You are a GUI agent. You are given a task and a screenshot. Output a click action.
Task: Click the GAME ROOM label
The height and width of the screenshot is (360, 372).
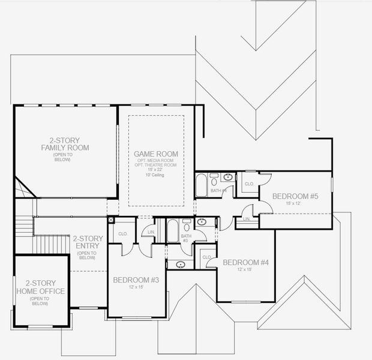point(156,154)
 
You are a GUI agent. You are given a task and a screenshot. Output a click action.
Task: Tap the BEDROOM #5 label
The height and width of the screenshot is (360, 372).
point(295,196)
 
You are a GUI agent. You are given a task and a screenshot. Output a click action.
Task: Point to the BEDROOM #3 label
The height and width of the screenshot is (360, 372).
point(136,280)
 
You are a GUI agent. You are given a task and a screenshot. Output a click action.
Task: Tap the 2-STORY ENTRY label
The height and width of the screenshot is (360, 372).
point(88,242)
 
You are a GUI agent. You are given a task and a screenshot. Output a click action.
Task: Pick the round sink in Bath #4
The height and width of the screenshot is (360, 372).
point(228,177)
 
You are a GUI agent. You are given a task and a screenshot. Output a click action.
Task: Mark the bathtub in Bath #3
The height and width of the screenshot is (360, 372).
point(173,230)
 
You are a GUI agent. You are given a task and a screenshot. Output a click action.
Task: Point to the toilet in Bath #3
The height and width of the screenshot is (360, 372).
point(187,227)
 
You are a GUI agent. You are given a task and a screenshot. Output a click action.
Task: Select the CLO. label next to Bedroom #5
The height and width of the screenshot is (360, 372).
point(248,184)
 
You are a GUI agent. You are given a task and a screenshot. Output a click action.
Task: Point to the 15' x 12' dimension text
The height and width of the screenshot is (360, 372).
point(294,203)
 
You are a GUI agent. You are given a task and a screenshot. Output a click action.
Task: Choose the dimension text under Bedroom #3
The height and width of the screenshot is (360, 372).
point(136,287)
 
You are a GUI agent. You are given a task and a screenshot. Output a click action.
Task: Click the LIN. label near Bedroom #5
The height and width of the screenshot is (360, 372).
point(246,220)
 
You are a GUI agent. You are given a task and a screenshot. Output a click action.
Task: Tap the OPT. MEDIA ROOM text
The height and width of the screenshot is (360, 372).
point(156,161)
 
